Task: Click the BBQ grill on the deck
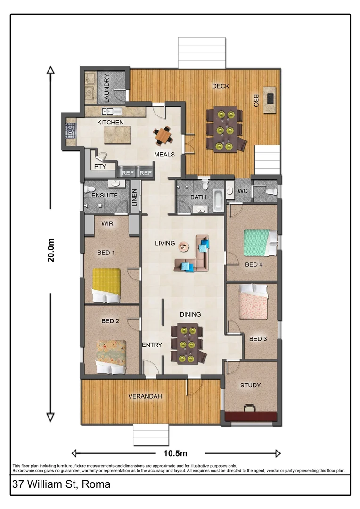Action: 270,99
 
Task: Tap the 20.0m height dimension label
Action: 51,250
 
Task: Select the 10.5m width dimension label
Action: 175,453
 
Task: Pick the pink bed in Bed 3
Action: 254,301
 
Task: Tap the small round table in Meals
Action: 163,136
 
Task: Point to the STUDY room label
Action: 250,385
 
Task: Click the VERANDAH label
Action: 145,396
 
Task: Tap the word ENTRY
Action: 152,345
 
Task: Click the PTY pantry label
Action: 100,166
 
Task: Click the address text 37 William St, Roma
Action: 62,484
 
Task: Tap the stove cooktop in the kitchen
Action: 71,130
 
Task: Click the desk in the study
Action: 250,417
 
